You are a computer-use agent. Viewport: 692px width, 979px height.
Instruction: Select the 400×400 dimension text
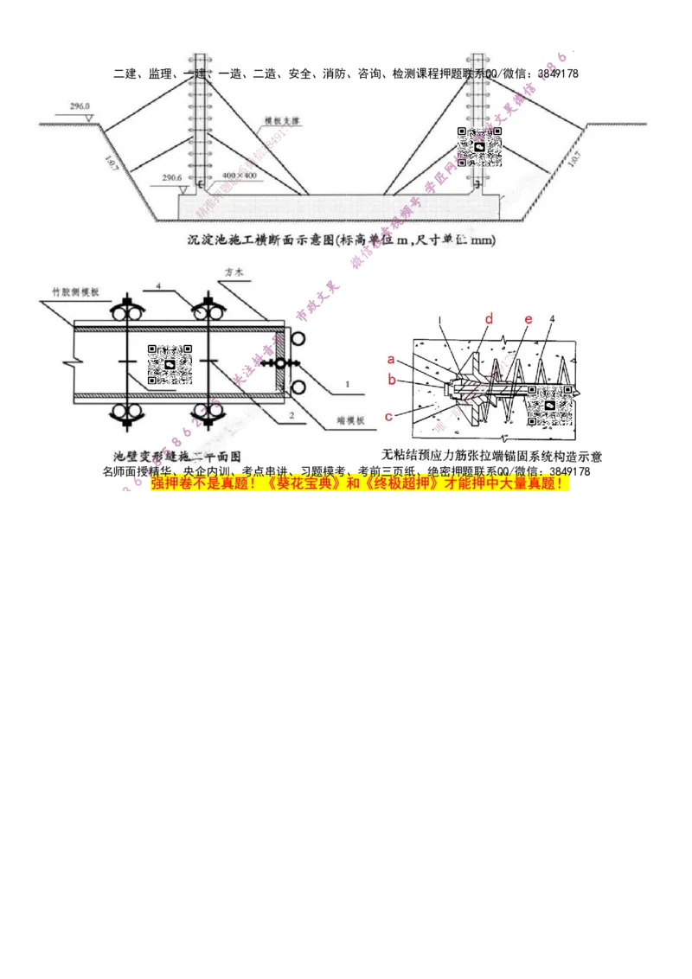pyautogui.click(x=239, y=176)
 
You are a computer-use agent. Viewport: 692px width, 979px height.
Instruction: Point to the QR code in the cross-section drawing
pyautogui.click(x=480, y=147)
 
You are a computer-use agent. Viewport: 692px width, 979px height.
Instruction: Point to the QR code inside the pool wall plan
pyautogui.click(x=170, y=364)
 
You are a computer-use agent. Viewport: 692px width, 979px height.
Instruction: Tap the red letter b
pyautogui.click(x=391, y=379)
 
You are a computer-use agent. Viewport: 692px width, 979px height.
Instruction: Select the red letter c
pyautogui.click(x=389, y=417)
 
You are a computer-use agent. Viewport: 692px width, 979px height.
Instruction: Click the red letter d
pyautogui.click(x=489, y=319)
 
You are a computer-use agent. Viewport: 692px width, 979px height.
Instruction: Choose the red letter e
pyautogui.click(x=529, y=319)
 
